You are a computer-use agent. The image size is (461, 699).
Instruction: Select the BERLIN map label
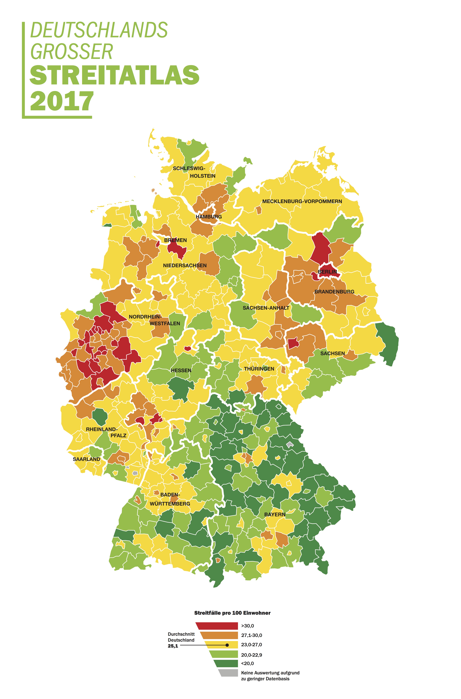click(327, 272)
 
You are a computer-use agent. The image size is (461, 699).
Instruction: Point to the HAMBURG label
click(209, 217)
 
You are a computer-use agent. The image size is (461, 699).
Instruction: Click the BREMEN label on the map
click(175, 240)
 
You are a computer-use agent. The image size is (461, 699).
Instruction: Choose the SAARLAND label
click(86, 459)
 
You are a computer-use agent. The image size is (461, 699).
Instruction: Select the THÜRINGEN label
click(259, 369)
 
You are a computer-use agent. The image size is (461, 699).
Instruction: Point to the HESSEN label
click(181, 370)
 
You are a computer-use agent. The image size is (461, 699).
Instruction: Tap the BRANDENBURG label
click(334, 292)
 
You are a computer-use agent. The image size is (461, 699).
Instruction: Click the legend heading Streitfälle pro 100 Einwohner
click(232, 613)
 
